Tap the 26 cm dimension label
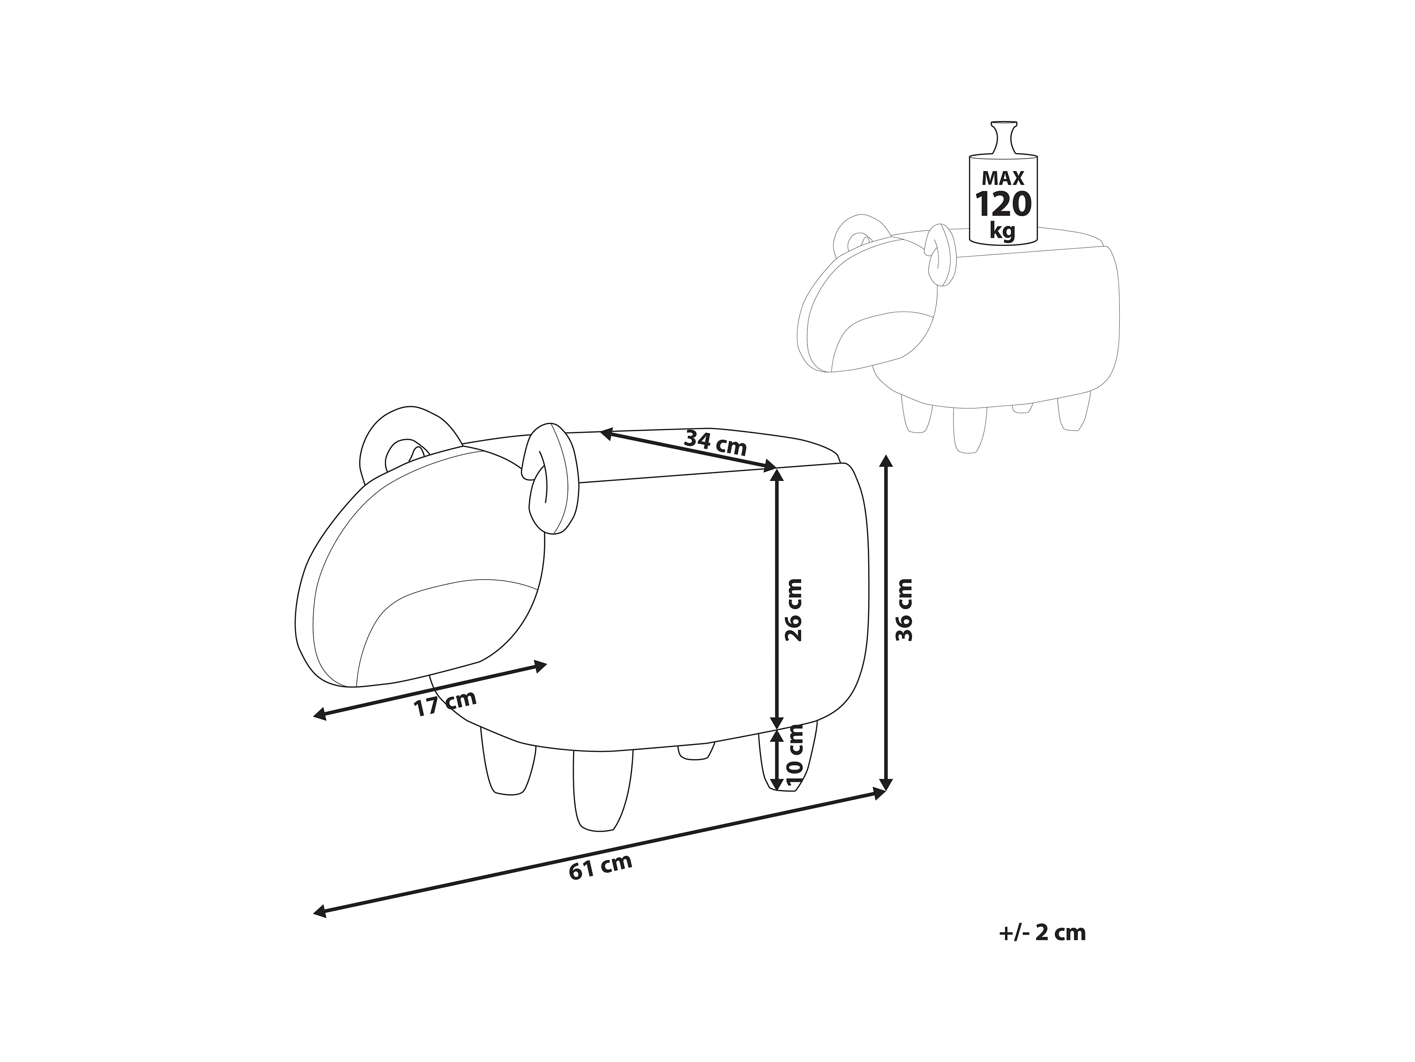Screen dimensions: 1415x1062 tap(793, 610)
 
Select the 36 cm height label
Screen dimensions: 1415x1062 tap(903, 610)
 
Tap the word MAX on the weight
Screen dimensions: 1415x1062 tap(1002, 178)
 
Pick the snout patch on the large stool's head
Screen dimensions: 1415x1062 tap(441, 634)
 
